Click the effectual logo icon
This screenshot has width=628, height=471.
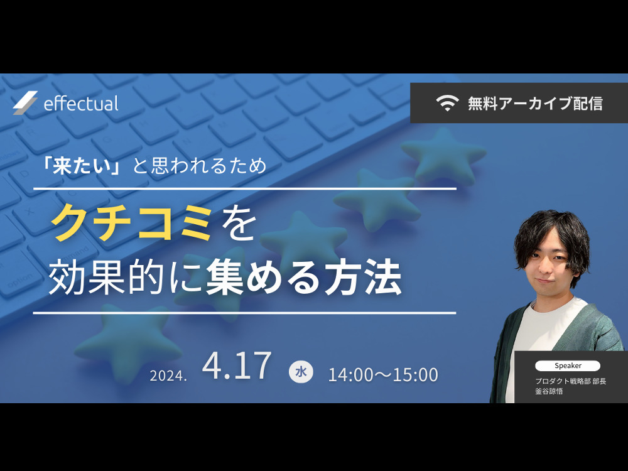pyautogui.click(x=25, y=103)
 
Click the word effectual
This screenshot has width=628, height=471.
pyautogui.click(x=81, y=103)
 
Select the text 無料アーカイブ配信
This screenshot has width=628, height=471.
pyautogui.click(x=535, y=104)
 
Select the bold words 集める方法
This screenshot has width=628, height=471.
pyautogui.click(x=303, y=277)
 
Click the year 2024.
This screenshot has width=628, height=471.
pyautogui.click(x=168, y=376)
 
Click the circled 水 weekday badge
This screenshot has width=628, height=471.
pyautogui.click(x=301, y=372)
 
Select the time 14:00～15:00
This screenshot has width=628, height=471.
pyautogui.click(x=383, y=375)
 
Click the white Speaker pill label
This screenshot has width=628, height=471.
pyautogui.click(x=568, y=365)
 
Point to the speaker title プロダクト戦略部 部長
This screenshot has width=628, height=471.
pyautogui.click(x=570, y=381)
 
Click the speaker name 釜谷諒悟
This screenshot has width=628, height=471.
pyautogui.click(x=549, y=391)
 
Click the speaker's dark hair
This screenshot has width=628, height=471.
pyautogui.click(x=553, y=232)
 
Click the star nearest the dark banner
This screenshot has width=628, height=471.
pyautogui.click(x=444, y=154)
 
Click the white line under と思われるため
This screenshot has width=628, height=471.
pyautogui.click(x=245, y=188)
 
